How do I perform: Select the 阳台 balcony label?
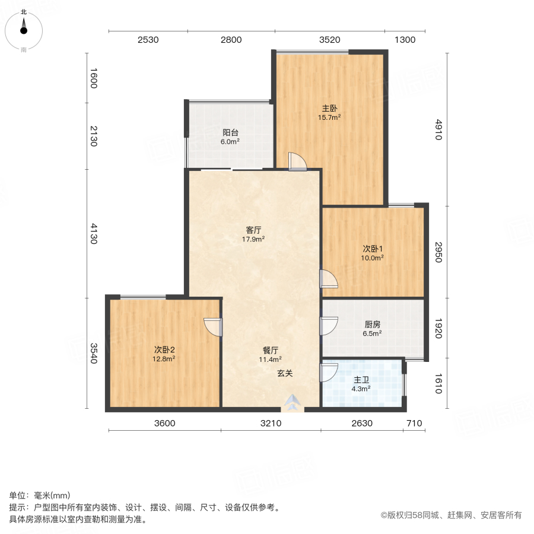tap(231, 132)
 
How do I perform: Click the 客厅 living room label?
tap(253, 230)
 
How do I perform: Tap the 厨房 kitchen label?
tap(372, 325)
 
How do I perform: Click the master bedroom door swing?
tap(297, 161)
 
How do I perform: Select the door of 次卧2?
tap(213, 327)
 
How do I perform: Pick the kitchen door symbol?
tap(329, 326)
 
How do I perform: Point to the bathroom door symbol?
tap(329, 372)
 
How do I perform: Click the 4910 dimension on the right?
tap(438, 129)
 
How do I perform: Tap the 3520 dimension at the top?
tap(329, 40)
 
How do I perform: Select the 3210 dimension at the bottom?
tap(270, 423)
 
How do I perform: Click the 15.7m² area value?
tap(329, 117)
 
